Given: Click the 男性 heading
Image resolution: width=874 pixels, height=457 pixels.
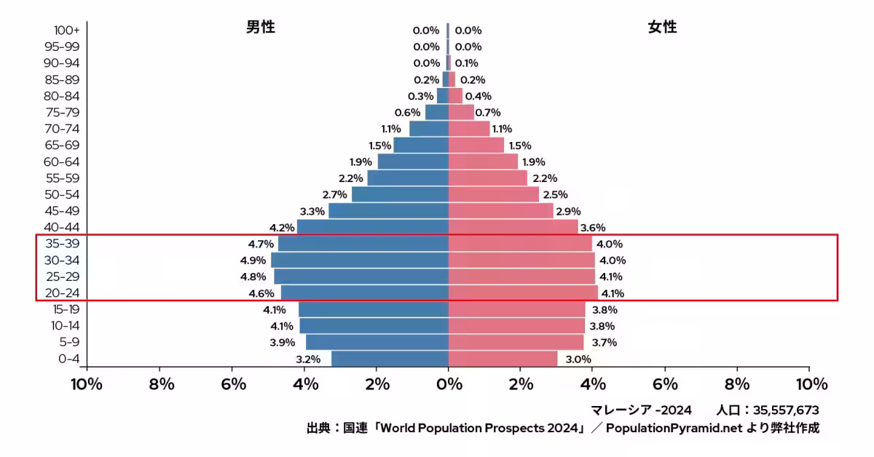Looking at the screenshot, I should pos(260,28).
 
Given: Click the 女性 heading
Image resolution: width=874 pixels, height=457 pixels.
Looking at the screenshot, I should pos(662,28).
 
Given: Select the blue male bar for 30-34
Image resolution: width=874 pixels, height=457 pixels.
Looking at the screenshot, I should pos(360,260).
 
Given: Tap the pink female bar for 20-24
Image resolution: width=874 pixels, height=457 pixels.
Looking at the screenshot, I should pos(523,293).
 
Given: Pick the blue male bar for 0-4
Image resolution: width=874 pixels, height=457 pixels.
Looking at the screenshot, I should pos(390,359).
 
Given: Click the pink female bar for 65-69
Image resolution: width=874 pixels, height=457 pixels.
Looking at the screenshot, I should pos(476,145).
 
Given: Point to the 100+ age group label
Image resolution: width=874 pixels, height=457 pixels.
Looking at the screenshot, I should pos(66,31).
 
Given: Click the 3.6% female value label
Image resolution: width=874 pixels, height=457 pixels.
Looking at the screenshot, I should pos(592,228).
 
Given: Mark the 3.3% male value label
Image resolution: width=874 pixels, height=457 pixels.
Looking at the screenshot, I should pos(312,211).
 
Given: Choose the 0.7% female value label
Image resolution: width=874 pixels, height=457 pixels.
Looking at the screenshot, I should pos(488,113).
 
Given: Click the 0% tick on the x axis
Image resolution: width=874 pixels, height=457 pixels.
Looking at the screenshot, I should pos(449,384).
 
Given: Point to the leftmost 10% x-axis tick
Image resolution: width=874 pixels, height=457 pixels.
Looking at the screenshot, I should pos(87,384).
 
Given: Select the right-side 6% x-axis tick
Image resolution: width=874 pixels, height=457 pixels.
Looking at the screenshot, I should pos(665,384).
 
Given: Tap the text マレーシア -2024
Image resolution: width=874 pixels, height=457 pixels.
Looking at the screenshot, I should pos(643,410).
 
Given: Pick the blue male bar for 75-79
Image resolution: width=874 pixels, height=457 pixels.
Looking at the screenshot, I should pos(437,112).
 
